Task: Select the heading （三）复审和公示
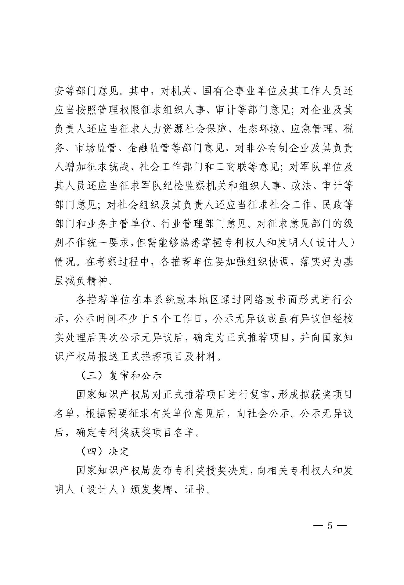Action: (x=122, y=376)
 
